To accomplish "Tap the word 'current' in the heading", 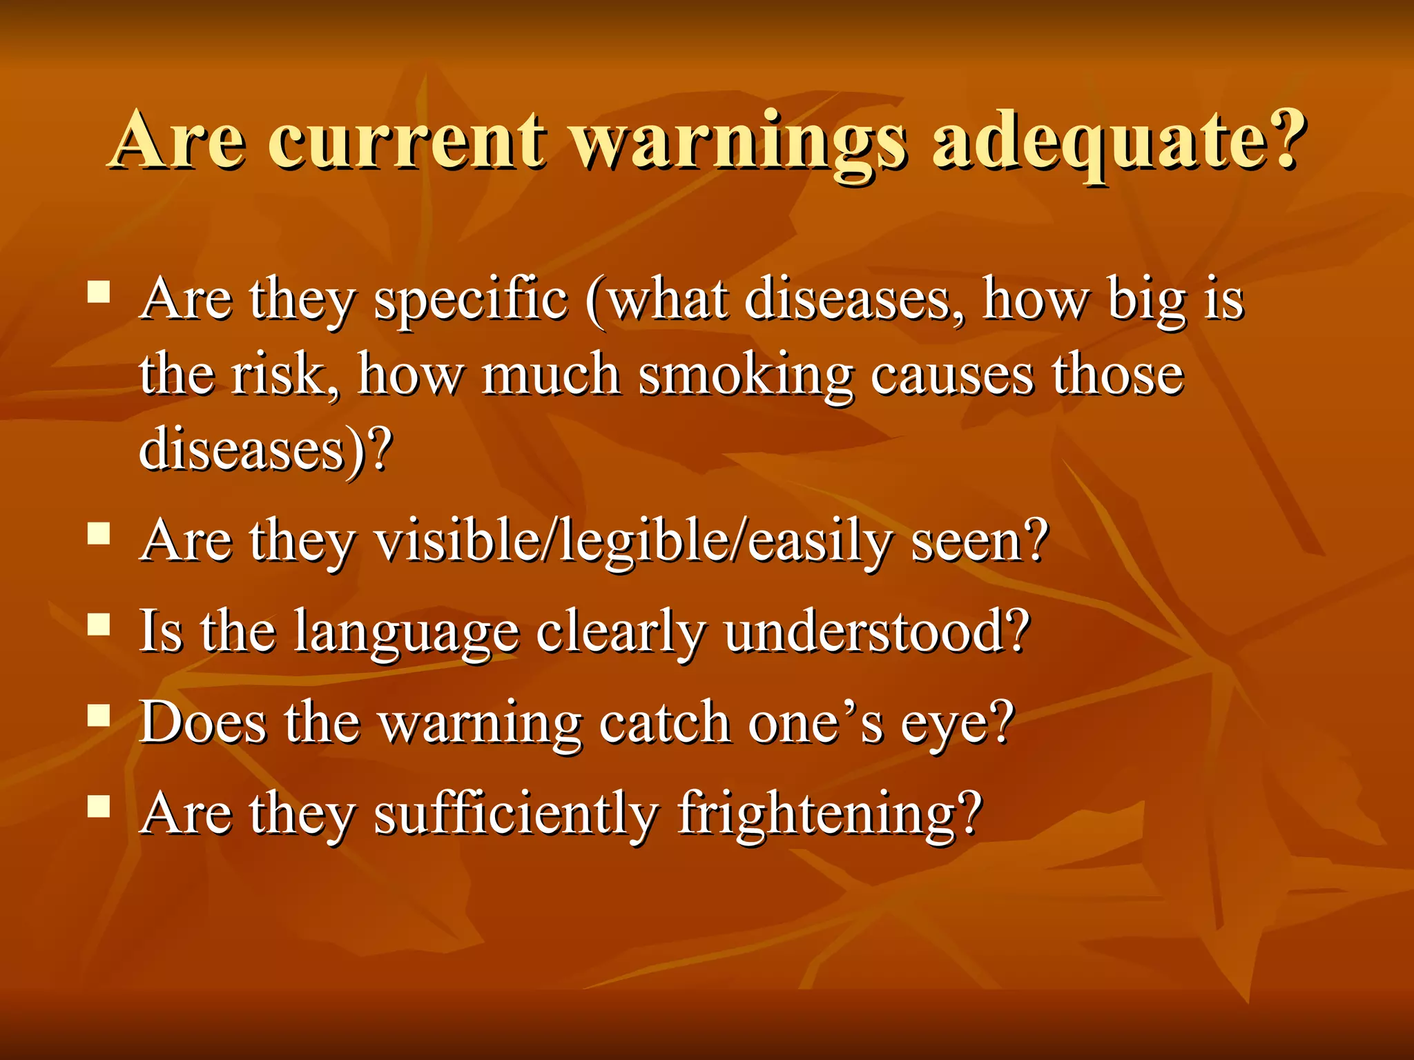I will click(x=407, y=141).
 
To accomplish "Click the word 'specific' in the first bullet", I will click(x=471, y=301).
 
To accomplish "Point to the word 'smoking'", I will click(x=746, y=376).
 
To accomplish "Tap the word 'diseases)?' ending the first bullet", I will click(x=266, y=451).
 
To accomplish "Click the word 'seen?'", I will click(x=980, y=542).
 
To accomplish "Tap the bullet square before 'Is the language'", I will click(x=99, y=625).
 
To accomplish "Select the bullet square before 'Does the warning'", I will click(x=99, y=716).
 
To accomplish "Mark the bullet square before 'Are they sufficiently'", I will click(x=99, y=806).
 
